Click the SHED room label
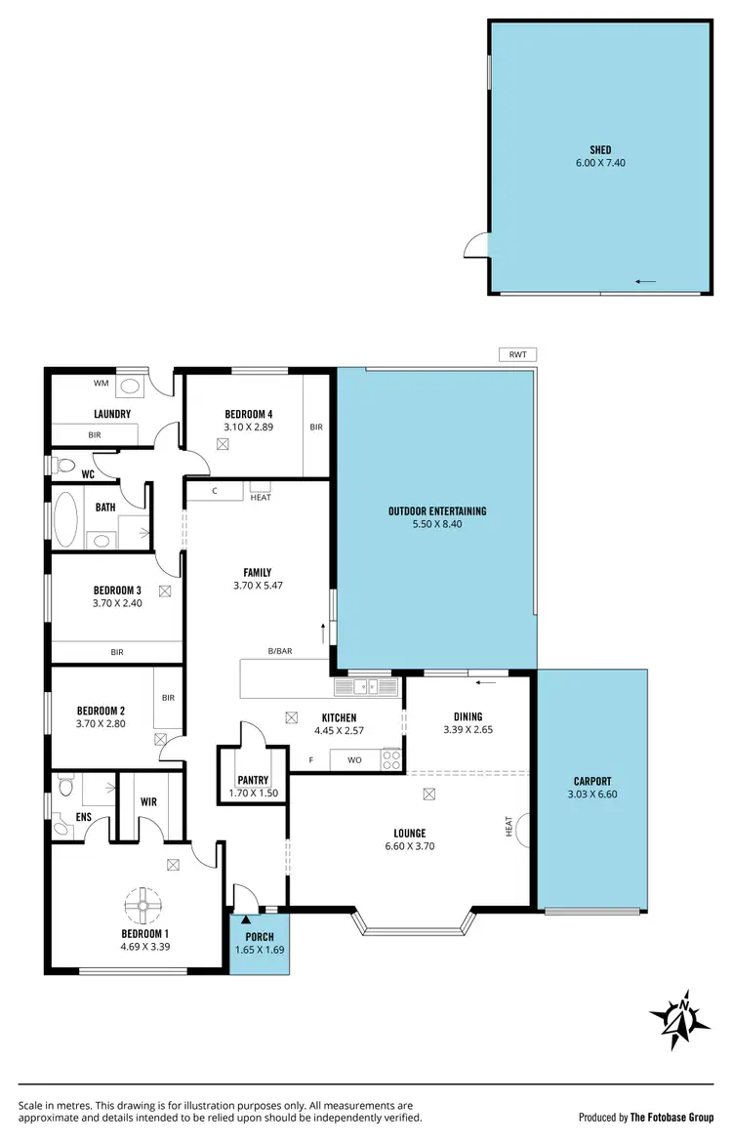[600, 149]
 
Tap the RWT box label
[516, 354]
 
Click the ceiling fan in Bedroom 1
[143, 907]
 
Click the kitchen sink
[366, 687]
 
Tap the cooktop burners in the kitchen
[391, 758]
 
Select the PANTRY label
[252, 780]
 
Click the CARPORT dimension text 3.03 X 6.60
[592, 794]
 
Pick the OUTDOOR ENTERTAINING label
[436, 510]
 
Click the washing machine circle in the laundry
[130, 385]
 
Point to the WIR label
[147, 801]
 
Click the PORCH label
[259, 936]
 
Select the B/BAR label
[281, 650]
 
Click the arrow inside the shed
[644, 282]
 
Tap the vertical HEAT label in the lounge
[508, 826]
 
